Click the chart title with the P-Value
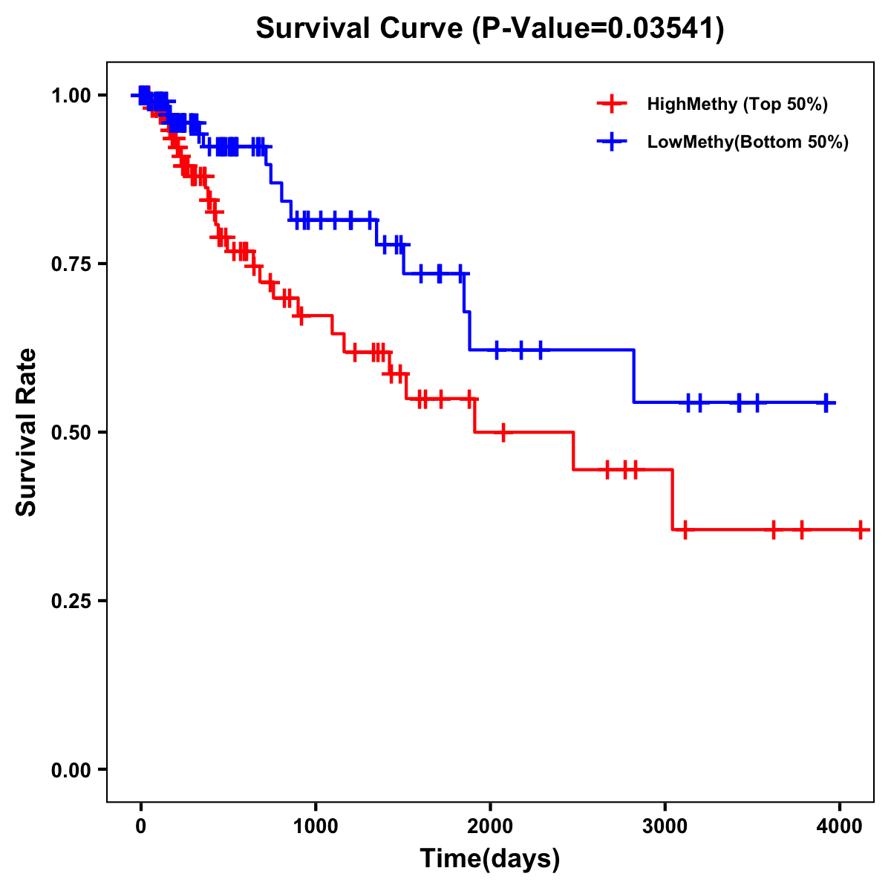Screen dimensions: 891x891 (490, 28)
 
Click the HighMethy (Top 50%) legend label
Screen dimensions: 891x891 (737, 104)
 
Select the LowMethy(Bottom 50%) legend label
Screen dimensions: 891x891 (748, 142)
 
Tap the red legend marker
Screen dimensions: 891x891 (612, 104)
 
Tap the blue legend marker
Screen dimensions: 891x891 (612, 142)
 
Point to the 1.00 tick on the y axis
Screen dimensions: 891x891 (71, 96)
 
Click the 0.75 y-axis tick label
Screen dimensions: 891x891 (71, 264)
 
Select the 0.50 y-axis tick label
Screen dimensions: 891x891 (71, 433)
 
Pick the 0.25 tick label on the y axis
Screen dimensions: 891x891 (71, 601)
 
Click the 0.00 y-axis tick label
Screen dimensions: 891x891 (71, 770)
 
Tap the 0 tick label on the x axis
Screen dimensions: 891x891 (141, 826)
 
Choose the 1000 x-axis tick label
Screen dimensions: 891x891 (316, 826)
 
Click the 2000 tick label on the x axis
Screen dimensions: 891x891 (490, 826)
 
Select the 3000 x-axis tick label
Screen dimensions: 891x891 (665, 826)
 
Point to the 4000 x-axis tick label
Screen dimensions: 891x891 (839, 826)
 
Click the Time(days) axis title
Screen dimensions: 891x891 (490, 859)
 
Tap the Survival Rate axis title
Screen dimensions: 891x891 (27, 432)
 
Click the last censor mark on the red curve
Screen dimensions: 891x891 (861, 530)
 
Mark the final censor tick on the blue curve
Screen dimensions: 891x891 (826, 403)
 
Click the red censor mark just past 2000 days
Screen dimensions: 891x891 (503, 432)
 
